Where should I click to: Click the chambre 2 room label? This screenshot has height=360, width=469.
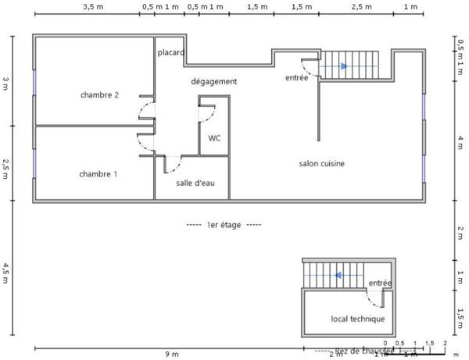coord(99,95)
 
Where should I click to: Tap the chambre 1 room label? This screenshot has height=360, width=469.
coord(98,174)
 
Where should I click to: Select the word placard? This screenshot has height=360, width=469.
coord(170,53)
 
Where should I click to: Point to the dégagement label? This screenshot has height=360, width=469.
coord(213,81)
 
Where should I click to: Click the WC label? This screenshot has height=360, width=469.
coord(213,138)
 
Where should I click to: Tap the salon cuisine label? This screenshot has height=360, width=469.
coord(321,163)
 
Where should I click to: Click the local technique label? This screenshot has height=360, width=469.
coord(357,319)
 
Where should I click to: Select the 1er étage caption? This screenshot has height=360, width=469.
coord(224,224)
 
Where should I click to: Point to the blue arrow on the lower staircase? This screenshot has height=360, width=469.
coord(338,275)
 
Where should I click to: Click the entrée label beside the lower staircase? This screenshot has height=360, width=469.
coord(380,283)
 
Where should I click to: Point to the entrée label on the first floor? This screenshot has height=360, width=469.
coord(296,78)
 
